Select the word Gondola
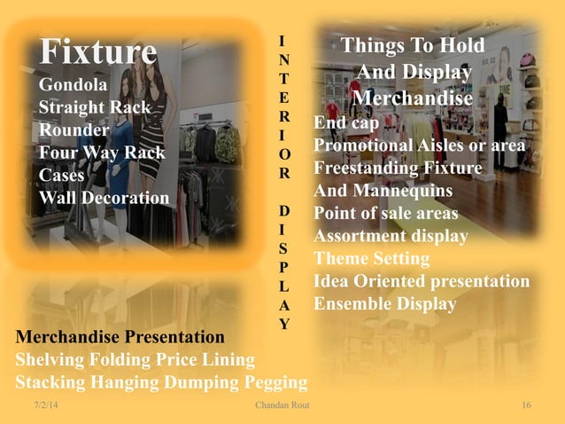pyautogui.click(x=74, y=86)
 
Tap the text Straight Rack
pyautogui.click(x=95, y=108)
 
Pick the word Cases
pyautogui.click(x=62, y=175)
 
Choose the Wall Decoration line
pyautogui.click(x=104, y=197)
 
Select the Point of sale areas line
pyautogui.click(x=386, y=213)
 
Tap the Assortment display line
pyautogui.click(x=391, y=236)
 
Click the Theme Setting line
pyautogui.click(x=372, y=259)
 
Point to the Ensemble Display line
pyautogui.click(x=385, y=304)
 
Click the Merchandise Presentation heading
pyautogui.click(x=120, y=337)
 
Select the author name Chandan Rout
pyautogui.click(x=282, y=405)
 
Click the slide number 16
pyautogui.click(x=526, y=405)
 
